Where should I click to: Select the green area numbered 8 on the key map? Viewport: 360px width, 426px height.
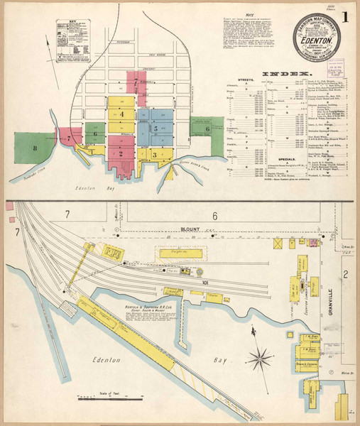click(34, 148)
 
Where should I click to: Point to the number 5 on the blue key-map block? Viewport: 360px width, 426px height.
click(154, 129)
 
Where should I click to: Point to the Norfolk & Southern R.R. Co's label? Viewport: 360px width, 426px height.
click(140, 307)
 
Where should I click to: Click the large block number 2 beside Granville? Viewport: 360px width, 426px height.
click(347, 273)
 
